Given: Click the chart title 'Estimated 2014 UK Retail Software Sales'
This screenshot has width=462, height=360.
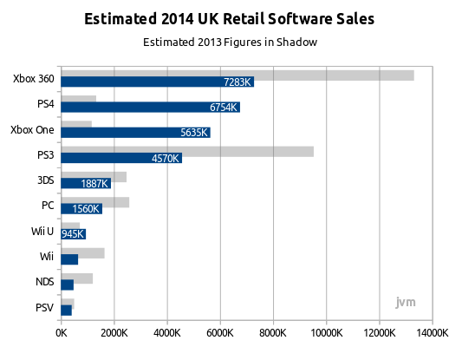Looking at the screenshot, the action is (x=229, y=19).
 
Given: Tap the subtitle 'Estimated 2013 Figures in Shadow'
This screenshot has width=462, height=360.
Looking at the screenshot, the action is (x=230, y=43).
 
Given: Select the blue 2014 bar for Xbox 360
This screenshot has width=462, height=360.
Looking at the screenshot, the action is (x=158, y=82).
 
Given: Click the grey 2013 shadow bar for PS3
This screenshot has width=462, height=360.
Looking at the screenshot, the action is (x=187, y=152).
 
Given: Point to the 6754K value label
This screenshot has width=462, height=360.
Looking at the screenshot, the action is (x=223, y=108).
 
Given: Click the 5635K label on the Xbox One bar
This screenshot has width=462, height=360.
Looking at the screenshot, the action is (x=194, y=133).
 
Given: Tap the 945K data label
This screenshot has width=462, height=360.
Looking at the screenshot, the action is (x=73, y=234).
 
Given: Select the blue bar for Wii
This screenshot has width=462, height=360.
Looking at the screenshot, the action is (x=69, y=259).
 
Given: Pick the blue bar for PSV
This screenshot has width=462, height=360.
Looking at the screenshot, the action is (x=66, y=311).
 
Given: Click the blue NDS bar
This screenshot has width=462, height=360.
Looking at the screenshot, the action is (x=68, y=285).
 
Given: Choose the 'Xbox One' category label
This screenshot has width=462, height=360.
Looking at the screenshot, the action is (x=32, y=130).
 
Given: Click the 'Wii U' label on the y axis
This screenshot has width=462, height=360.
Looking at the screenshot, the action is (x=42, y=231).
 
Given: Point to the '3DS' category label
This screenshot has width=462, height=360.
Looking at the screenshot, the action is (x=46, y=180).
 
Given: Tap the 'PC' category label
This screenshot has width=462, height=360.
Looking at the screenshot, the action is (x=48, y=206).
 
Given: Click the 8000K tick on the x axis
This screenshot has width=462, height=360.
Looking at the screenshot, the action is (x=273, y=333).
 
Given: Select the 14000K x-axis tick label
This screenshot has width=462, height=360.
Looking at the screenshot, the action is (x=433, y=333).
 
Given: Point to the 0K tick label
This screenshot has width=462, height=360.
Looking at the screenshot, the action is (x=62, y=333).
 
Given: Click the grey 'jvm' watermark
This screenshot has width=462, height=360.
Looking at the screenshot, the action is (x=406, y=302).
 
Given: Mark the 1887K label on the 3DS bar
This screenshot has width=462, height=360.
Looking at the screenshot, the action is (x=94, y=184).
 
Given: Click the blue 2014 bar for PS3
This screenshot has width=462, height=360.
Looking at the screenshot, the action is (x=121, y=158).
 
